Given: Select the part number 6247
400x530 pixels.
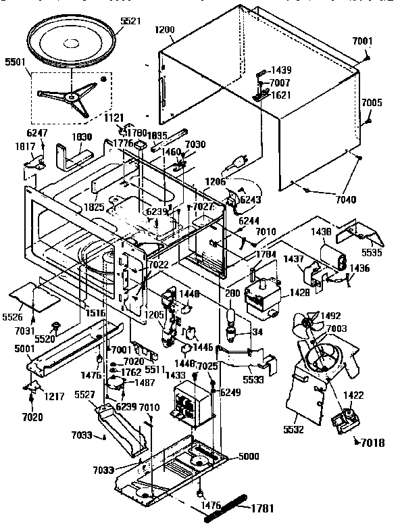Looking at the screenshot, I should click(x=37, y=134).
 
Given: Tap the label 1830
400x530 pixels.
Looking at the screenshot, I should click(x=82, y=136).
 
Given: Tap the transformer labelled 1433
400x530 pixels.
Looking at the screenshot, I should click(x=190, y=403).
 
